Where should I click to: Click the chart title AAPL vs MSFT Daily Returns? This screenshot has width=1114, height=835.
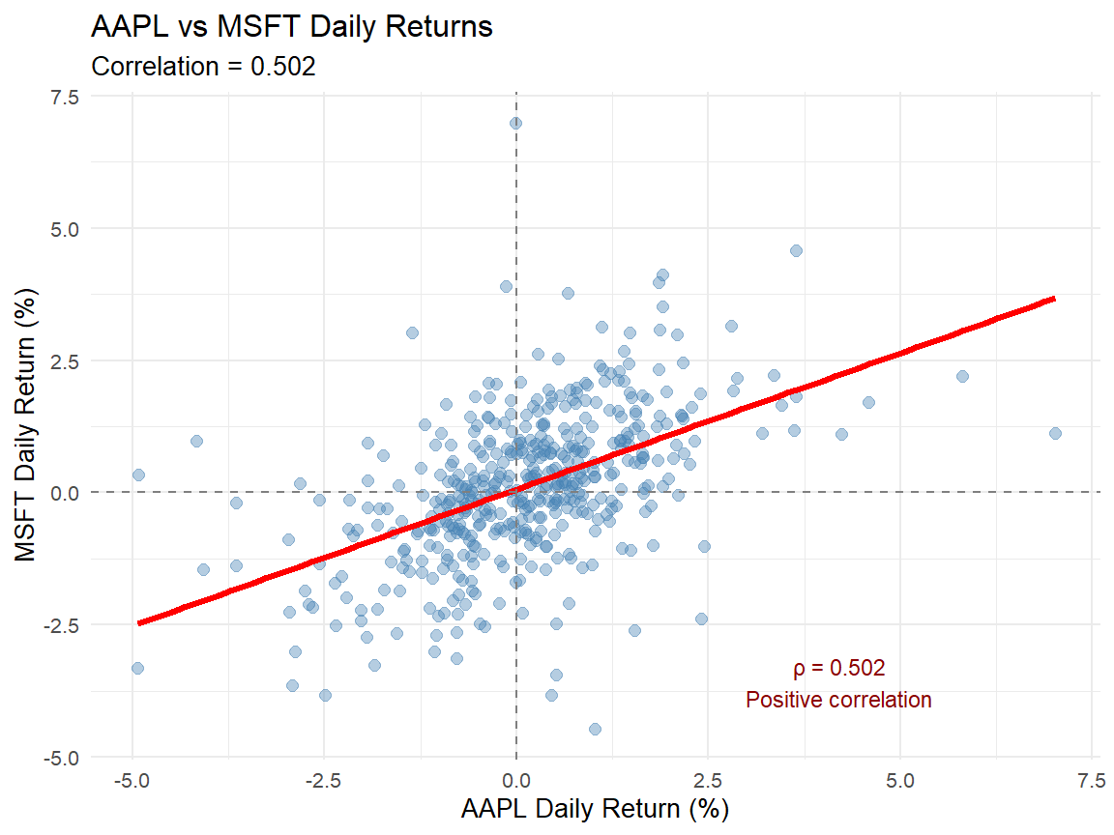coord(291,27)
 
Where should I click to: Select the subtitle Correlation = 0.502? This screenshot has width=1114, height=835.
coord(203,67)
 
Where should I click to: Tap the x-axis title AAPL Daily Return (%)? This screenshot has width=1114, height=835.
coord(595,808)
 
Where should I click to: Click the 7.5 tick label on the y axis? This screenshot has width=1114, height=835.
coord(66,97)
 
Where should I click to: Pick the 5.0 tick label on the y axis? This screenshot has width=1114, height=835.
coord(66,229)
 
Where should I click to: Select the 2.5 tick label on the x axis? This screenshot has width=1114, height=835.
coord(708,780)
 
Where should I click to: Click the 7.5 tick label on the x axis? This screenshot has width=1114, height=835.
coord(1092,780)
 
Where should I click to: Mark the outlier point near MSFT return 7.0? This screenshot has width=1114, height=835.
coord(515,123)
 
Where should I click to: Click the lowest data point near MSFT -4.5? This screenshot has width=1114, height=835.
coord(595,729)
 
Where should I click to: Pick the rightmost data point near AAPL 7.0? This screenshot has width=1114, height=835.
coord(1055,433)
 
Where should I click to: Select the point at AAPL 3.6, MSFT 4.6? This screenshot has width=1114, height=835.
coord(796,250)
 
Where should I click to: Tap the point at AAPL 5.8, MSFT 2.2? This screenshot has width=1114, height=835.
coord(961,376)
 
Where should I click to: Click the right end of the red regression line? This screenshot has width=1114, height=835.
coord(1053,299)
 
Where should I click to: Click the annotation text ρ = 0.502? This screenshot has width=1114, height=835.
coord(838,668)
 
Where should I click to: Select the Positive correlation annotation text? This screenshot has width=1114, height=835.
coord(838,700)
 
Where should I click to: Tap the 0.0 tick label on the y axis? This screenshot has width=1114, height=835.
coord(66,493)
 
